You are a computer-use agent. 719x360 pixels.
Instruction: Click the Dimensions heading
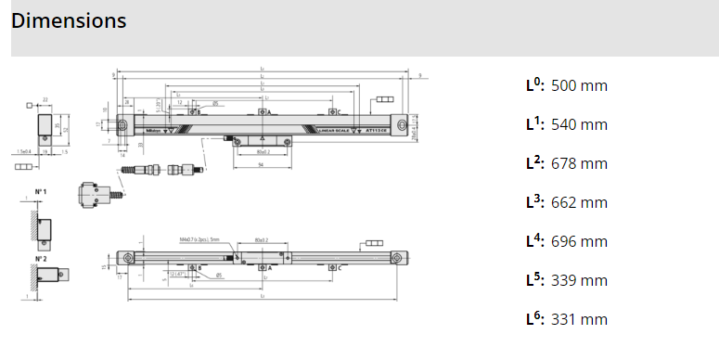click(69, 20)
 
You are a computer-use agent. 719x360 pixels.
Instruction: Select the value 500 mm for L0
click(579, 85)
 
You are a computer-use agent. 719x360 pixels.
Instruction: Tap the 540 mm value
click(579, 124)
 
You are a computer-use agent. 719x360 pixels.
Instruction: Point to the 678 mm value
click(579, 163)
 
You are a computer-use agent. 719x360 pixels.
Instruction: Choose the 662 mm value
click(579, 202)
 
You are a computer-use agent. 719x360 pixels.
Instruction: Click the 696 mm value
click(579, 241)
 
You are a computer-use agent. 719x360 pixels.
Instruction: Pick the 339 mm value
click(579, 280)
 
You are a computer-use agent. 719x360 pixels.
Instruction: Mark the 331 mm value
click(579, 319)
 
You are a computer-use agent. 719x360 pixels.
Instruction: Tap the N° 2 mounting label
click(41, 259)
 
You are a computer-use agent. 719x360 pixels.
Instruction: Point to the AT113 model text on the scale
click(379, 131)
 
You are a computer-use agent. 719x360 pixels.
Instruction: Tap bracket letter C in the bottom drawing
click(340, 267)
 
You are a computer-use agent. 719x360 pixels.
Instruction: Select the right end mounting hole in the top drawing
click(401, 123)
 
